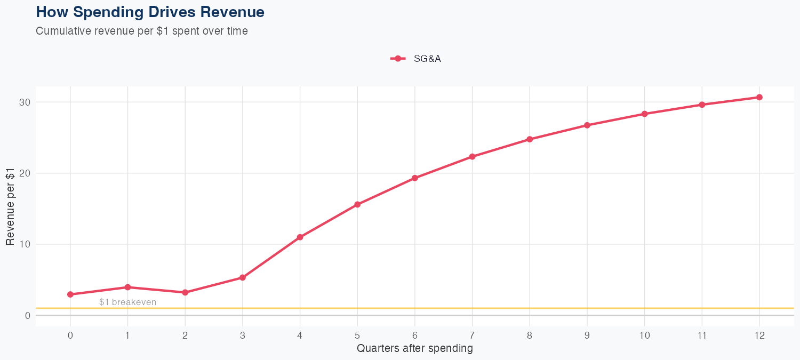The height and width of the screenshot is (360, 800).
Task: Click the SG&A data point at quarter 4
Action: (x=300, y=237)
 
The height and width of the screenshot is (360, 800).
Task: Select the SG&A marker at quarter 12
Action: (x=759, y=97)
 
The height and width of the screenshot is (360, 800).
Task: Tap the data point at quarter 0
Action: (x=70, y=294)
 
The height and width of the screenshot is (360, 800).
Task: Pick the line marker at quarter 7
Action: (x=472, y=156)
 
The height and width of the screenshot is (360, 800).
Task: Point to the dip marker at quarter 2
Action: (x=185, y=292)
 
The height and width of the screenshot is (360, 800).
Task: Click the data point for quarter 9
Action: (x=587, y=125)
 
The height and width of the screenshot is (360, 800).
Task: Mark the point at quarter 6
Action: (x=414, y=178)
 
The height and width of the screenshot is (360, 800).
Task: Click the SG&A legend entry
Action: (x=416, y=59)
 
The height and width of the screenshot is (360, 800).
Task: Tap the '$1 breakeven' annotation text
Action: (x=127, y=302)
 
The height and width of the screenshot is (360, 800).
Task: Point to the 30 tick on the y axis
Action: (x=25, y=102)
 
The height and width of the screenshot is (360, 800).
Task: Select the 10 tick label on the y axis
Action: (x=25, y=244)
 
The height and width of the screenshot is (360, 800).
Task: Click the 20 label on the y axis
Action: (x=25, y=173)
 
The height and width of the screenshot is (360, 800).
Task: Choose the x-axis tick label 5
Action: (x=357, y=335)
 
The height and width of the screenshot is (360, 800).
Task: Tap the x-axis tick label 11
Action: (x=702, y=335)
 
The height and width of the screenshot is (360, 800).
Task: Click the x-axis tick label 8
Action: (x=530, y=335)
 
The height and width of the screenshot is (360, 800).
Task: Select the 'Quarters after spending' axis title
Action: (x=414, y=349)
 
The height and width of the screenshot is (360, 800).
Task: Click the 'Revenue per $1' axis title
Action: (x=10, y=206)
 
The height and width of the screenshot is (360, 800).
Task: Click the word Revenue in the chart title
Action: (x=235, y=12)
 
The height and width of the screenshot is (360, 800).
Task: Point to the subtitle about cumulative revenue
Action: (x=141, y=31)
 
